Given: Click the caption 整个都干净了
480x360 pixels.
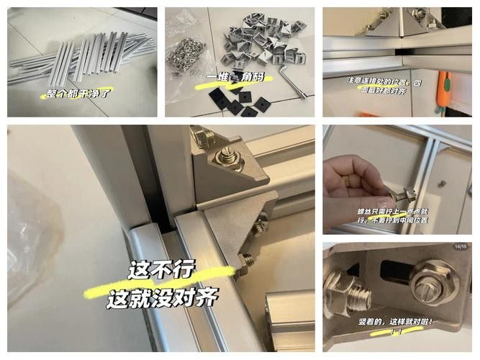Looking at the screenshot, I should click(76, 93).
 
